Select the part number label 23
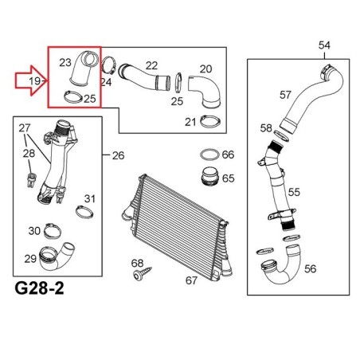point(65,63)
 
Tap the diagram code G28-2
point(39,288)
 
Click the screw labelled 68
point(142,273)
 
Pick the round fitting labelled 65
point(209,176)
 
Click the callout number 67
point(191,280)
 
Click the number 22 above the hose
point(151,66)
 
